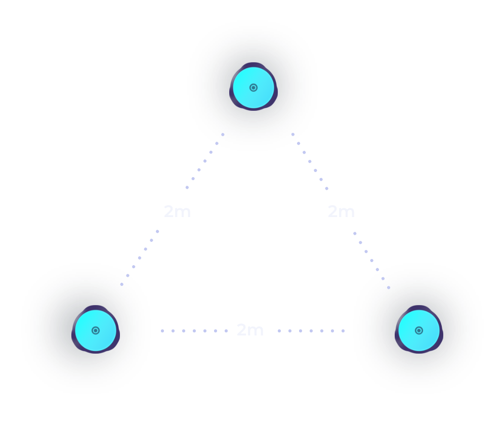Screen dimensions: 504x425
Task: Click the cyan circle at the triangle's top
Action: pyautogui.click(x=254, y=88)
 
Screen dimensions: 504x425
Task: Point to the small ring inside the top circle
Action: pyautogui.click(x=254, y=88)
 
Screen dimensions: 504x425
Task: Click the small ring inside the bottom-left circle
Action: pyautogui.click(x=96, y=330)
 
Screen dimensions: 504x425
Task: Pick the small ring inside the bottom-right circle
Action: pyautogui.click(x=419, y=330)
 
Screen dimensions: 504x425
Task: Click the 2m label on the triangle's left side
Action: pyautogui.click(x=178, y=211)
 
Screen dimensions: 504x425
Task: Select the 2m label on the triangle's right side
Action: pyautogui.click(x=341, y=211)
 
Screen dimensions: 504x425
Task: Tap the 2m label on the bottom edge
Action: pyautogui.click(x=250, y=330)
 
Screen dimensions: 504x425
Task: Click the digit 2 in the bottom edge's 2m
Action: pyautogui.click(x=241, y=330)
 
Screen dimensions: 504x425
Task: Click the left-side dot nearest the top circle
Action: pyautogui.click(x=223, y=135)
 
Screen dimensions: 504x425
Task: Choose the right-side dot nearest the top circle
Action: pyautogui.click(x=293, y=135)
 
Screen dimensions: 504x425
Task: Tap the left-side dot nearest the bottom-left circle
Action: pyautogui.click(x=121, y=284)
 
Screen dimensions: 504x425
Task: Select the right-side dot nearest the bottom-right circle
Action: pyautogui.click(x=389, y=288)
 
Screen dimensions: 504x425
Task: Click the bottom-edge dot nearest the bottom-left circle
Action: pyautogui.click(x=162, y=331)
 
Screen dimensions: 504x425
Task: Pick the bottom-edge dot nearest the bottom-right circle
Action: pyautogui.click(x=343, y=331)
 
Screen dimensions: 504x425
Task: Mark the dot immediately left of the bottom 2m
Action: pyautogui.click(x=226, y=331)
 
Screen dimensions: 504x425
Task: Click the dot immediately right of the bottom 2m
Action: pyautogui.click(x=279, y=331)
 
